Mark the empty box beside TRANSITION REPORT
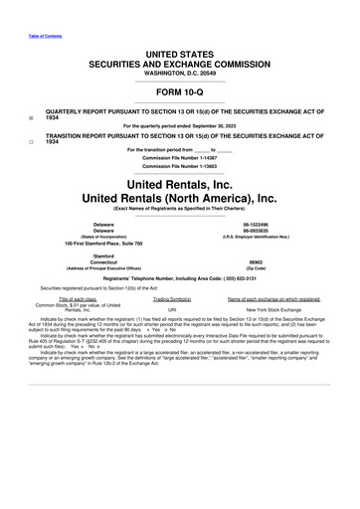tap(32, 141)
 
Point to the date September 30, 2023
tap(231, 126)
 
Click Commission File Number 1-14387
tap(180, 159)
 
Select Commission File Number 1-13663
tap(180, 167)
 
